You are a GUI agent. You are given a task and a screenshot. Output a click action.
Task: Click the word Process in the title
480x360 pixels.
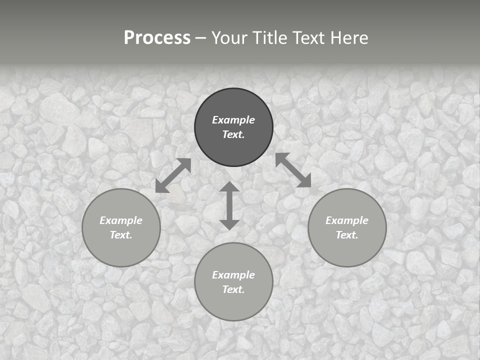157,38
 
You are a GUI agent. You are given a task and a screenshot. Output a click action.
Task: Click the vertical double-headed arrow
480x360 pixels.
229,205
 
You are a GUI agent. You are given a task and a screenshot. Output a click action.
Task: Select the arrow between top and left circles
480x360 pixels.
173,175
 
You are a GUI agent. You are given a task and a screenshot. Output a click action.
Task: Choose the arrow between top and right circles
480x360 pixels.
293,170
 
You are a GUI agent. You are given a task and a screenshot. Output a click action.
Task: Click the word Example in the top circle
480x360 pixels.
233,120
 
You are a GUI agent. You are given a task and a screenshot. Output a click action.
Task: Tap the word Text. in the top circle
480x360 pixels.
233,134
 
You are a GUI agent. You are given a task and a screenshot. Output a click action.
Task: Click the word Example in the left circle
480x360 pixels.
121,220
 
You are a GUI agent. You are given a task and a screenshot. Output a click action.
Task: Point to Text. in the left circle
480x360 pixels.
121,235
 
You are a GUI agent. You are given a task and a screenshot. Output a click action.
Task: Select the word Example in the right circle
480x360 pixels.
347,220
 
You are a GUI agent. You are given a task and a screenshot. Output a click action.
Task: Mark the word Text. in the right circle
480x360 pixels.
347,235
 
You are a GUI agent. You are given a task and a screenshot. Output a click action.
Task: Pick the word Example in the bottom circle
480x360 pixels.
233,275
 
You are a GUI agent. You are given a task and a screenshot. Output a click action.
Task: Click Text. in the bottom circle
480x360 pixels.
233,289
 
